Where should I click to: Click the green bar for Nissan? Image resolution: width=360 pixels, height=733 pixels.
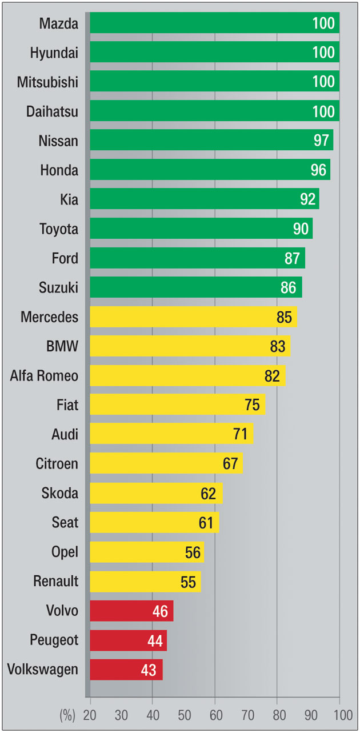(211, 140)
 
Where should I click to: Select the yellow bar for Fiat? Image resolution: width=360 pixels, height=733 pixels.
(177, 404)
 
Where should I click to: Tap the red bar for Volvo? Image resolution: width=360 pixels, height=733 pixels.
(131, 611)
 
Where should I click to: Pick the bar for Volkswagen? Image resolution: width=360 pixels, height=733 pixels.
(126, 670)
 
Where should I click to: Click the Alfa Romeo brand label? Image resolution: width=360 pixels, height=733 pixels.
(44, 376)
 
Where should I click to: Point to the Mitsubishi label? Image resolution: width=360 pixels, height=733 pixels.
(47, 82)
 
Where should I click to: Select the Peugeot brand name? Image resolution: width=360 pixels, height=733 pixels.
(54, 640)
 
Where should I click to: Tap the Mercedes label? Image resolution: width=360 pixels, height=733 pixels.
(49, 317)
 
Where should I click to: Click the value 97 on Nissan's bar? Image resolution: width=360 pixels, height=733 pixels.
(322, 141)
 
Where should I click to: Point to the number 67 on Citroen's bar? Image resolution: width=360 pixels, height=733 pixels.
(230, 464)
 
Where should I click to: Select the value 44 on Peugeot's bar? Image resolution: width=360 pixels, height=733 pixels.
(155, 640)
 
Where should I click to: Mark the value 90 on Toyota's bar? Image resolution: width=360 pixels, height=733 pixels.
(301, 229)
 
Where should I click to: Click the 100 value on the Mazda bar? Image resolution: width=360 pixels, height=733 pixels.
(323, 23)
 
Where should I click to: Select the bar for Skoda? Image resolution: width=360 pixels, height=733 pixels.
(156, 493)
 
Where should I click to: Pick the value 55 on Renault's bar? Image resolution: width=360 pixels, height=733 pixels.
(188, 582)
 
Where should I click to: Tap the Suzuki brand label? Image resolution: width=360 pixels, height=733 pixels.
(58, 288)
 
